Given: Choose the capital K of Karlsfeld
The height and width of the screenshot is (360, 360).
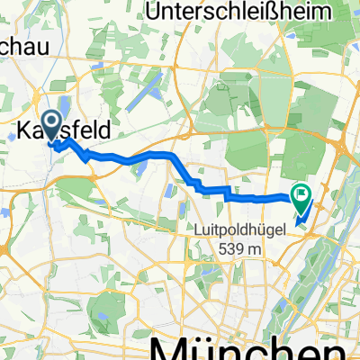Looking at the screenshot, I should point(24,131).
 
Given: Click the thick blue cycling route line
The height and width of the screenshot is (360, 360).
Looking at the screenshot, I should point(135,159).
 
